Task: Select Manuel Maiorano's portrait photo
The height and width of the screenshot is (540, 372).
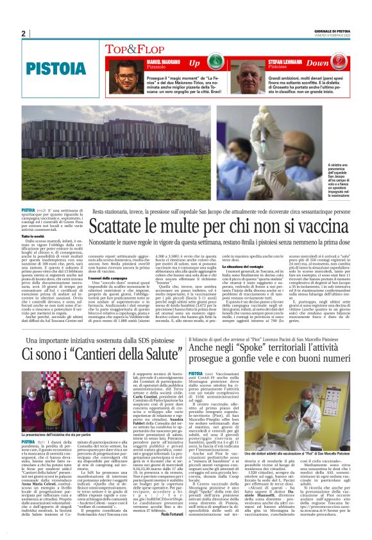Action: pyautogui.click(x=125, y=76)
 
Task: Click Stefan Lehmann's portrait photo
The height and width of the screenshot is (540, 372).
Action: pyautogui.click(x=246, y=76)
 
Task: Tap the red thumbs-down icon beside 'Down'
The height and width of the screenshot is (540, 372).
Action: pyautogui.click(x=339, y=63)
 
